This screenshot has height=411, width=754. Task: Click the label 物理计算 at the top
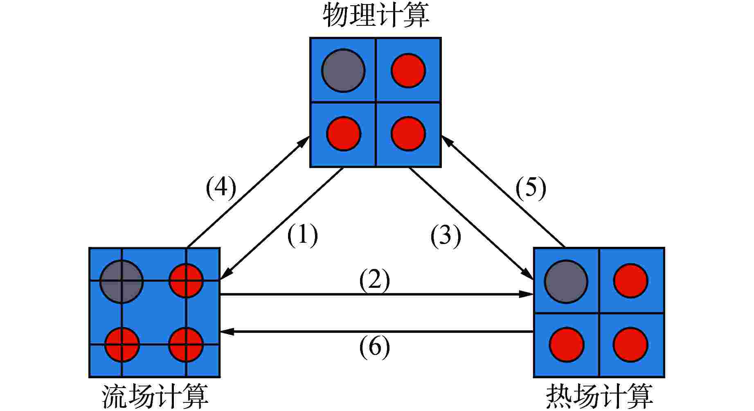tap(376, 16)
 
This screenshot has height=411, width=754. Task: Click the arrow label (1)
tap(302, 235)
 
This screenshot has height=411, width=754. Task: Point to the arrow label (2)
tap(374, 281)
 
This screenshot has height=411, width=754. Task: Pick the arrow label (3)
tap(446, 236)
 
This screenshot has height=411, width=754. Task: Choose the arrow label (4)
tap(221, 188)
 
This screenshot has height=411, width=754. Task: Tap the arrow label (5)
tap(531, 189)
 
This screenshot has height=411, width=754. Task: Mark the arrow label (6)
tap(374, 348)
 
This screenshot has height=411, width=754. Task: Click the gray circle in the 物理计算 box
tap(343, 71)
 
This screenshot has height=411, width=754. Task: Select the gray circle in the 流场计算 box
tap(122, 282)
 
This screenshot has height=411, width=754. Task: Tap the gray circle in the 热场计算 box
tap(566, 282)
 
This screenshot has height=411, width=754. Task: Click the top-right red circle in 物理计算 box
tap(408, 70)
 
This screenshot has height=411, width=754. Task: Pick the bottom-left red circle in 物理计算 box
tap(344, 134)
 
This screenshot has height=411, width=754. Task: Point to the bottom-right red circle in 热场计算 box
tap(630, 345)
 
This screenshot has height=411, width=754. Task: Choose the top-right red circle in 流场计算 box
tap(186, 281)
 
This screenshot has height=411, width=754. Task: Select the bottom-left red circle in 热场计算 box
tap(566, 345)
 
